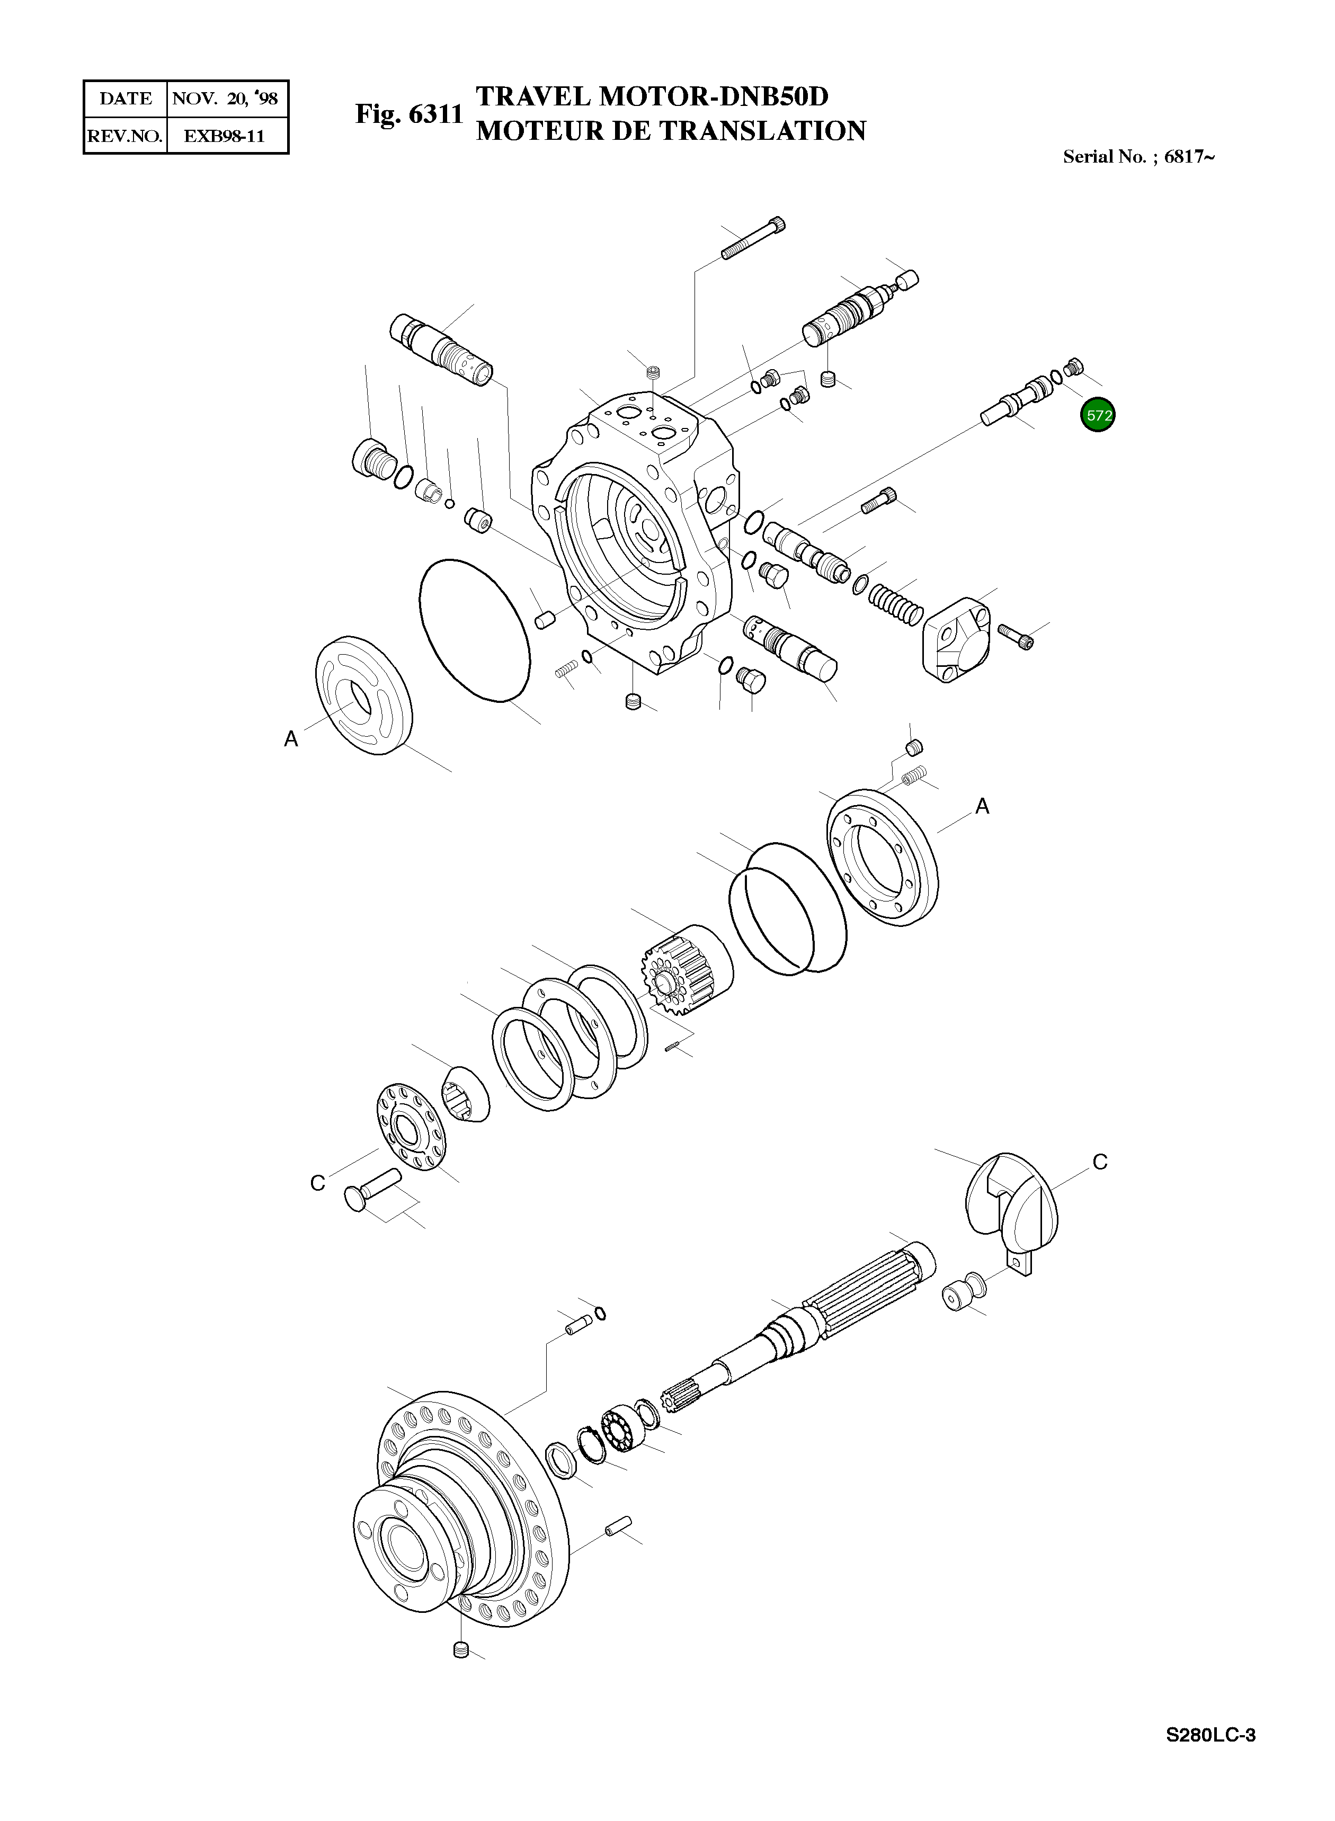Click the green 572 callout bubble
click(1097, 415)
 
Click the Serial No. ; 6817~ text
click(1138, 157)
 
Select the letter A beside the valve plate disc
click(291, 738)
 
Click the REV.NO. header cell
click(125, 136)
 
